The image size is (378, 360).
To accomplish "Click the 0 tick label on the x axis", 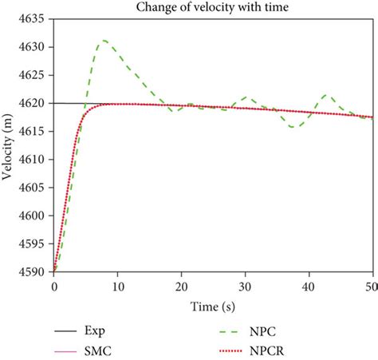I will click(54, 286).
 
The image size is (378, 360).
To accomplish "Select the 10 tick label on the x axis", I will click(118, 286).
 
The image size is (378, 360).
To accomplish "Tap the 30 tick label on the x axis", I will click(246, 286).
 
